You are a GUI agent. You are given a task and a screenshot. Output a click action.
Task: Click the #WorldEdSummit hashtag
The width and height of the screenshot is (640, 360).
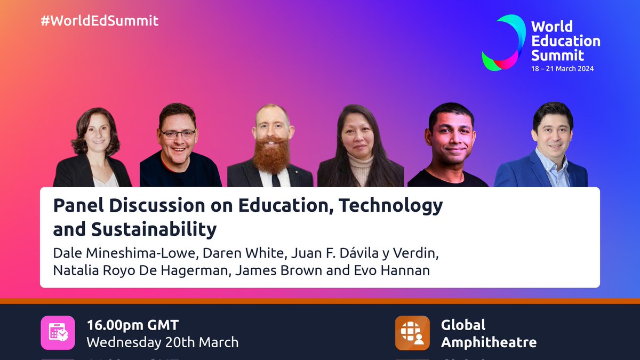click(x=100, y=21)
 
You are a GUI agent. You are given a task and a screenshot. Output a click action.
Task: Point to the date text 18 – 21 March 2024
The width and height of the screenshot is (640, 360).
click(x=562, y=69)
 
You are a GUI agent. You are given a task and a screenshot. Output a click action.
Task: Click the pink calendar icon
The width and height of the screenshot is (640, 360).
click(x=58, y=333)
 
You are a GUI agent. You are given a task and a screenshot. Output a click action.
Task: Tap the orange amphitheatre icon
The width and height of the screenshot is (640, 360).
click(x=412, y=333)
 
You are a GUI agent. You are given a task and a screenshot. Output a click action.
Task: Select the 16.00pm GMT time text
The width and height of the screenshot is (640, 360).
click(x=133, y=325)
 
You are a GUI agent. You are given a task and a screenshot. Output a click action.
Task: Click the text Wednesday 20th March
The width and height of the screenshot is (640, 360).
click(x=162, y=342)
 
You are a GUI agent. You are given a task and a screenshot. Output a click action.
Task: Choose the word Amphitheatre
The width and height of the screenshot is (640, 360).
click(x=489, y=342)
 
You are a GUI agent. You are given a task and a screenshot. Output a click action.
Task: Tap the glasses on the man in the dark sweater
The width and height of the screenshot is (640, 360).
click(x=178, y=133)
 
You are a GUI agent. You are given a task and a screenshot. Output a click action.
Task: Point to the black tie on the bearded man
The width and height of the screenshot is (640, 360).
click(x=275, y=179)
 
